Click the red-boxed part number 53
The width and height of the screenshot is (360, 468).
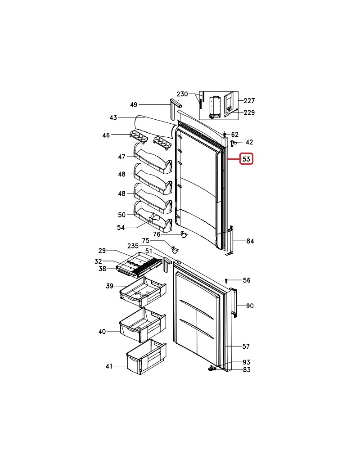(246, 159)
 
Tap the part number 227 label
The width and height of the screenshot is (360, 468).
(249, 101)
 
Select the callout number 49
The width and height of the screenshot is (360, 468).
(134, 105)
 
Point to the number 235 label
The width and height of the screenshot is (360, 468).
(133, 246)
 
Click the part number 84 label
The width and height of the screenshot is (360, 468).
(250, 241)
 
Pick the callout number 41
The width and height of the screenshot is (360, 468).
(109, 366)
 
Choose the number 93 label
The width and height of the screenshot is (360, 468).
(246, 362)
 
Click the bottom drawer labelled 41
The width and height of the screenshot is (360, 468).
(147, 357)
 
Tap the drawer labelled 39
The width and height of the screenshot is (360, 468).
(143, 292)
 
